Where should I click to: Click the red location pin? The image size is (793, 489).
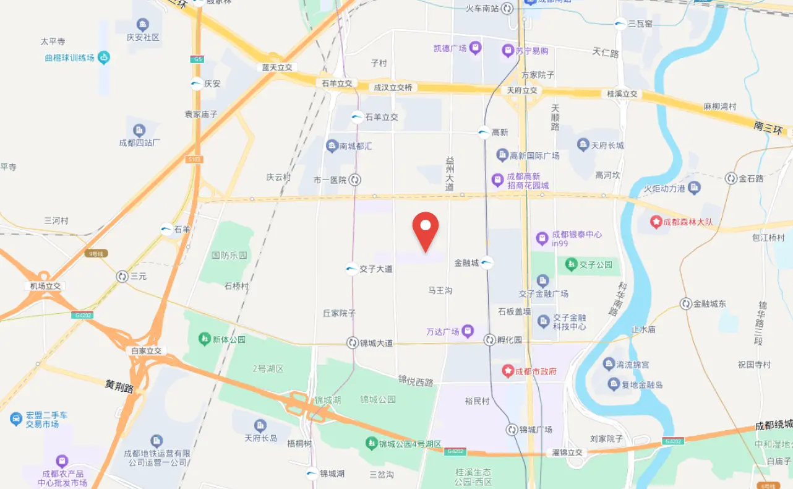click(426, 230)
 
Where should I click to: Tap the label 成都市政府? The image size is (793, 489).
click(537, 371)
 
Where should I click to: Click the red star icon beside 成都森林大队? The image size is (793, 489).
click(656, 221)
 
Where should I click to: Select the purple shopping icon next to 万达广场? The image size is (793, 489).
click(468, 332)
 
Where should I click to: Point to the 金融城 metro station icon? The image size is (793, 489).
click(487, 262)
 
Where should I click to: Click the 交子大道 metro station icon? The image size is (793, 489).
click(351, 269)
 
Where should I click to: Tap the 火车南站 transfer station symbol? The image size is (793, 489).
click(507, 8)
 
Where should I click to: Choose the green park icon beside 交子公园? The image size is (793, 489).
click(571, 264)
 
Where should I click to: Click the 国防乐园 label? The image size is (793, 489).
click(229, 255)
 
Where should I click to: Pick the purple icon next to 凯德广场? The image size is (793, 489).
click(475, 48)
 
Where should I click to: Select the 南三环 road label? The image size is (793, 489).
click(768, 128)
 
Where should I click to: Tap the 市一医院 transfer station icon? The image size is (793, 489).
click(355, 180)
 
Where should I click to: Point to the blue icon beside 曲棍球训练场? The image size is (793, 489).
click(103, 58)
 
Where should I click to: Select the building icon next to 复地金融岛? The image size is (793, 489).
click(614, 385)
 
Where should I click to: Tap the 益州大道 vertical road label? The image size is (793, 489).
click(450, 173)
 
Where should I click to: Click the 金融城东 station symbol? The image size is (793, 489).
click(685, 304)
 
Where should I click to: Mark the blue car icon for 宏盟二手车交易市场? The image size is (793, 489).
click(16, 419)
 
